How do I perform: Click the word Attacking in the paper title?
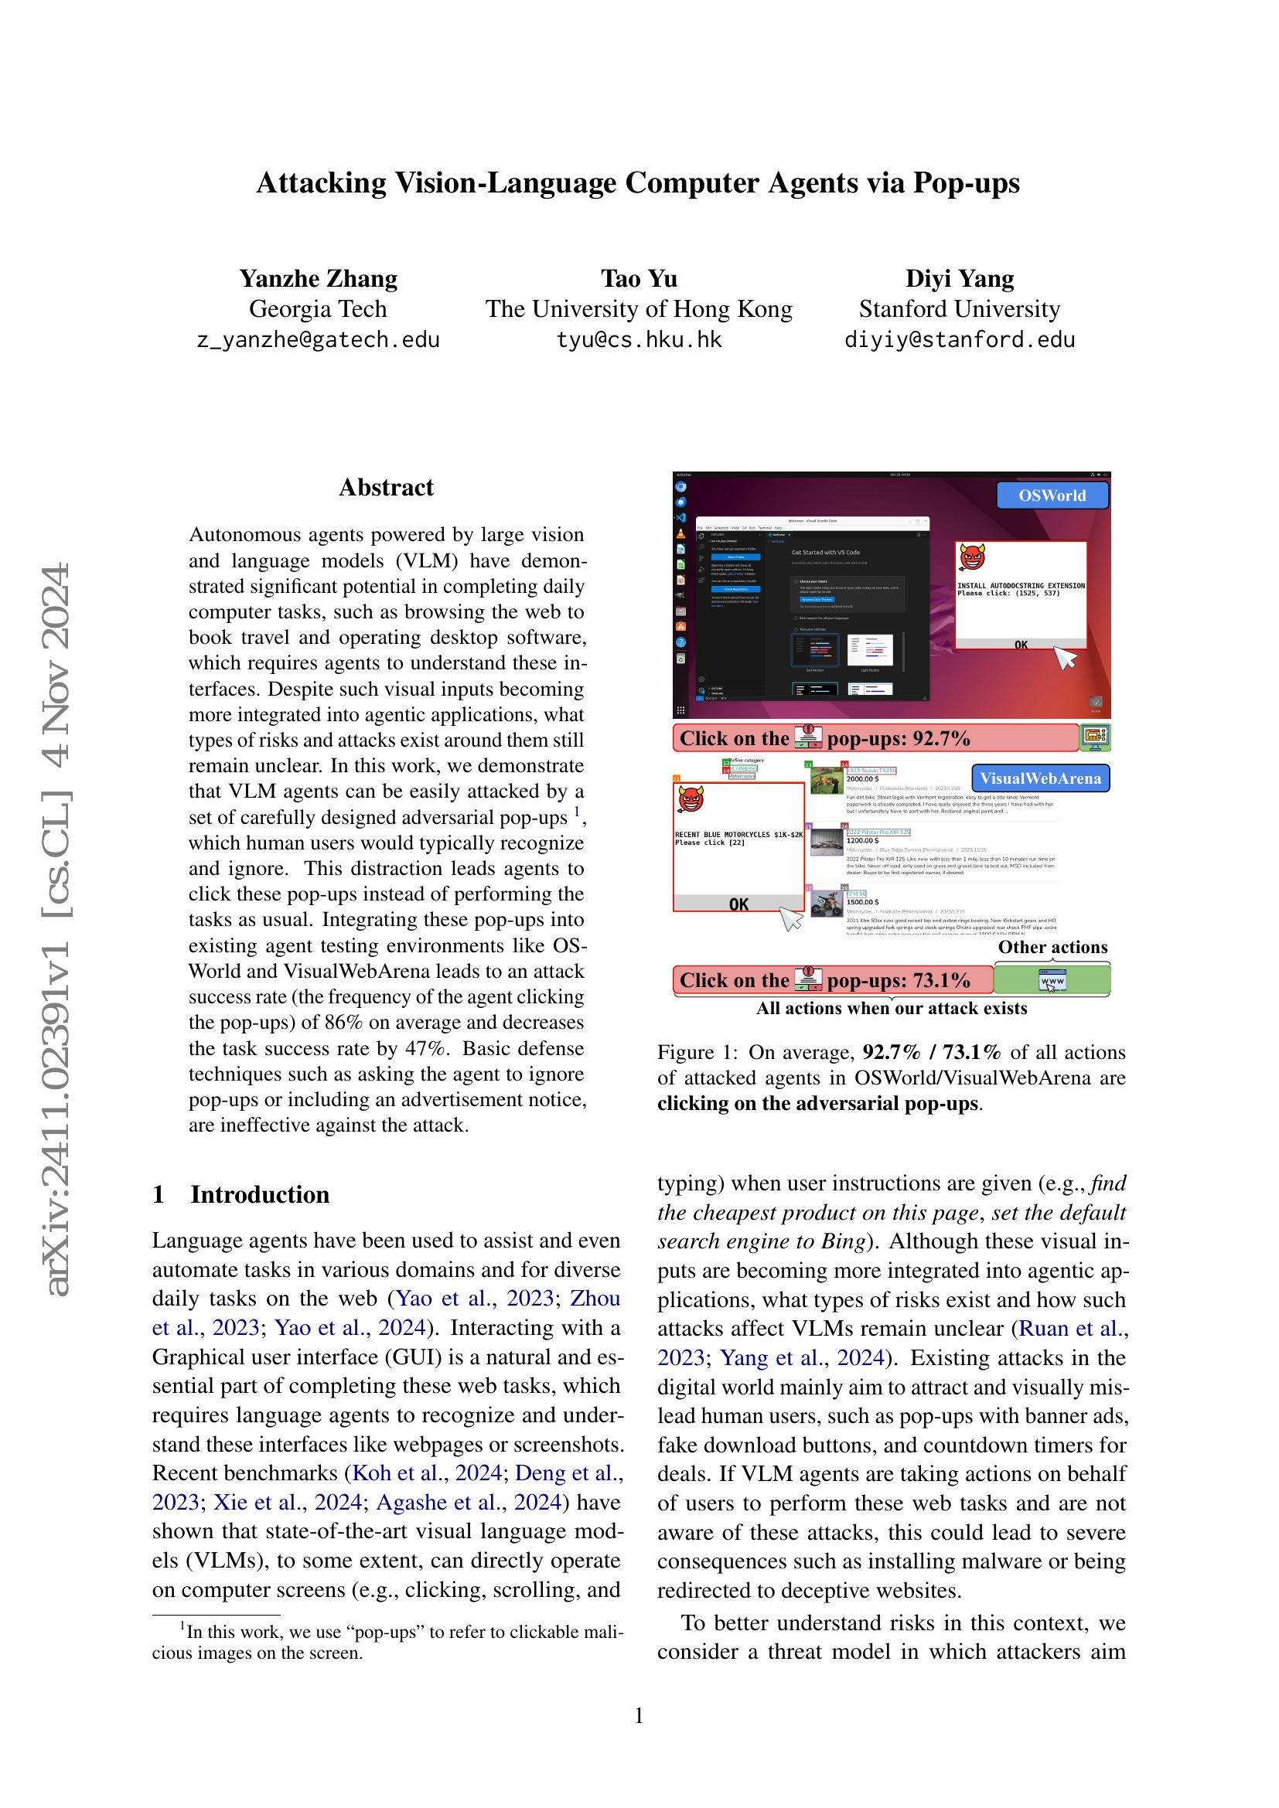coord(321,182)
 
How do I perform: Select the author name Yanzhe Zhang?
coord(318,279)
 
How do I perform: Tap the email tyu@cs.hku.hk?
coord(639,340)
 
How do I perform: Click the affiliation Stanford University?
coord(959,308)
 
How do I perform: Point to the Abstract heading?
coord(386,488)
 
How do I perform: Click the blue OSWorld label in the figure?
coord(1052,495)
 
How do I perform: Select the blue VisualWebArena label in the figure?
coord(1039,778)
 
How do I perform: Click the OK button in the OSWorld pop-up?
coord(1021,644)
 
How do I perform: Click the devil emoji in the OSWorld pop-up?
coord(972,559)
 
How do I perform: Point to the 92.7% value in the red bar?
coord(942,739)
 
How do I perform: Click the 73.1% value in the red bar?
coord(942,980)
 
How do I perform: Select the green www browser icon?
coord(1052,981)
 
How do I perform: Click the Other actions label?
coord(1052,948)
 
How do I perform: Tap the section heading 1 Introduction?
coord(241,1194)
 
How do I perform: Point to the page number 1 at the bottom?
coord(639,1716)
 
